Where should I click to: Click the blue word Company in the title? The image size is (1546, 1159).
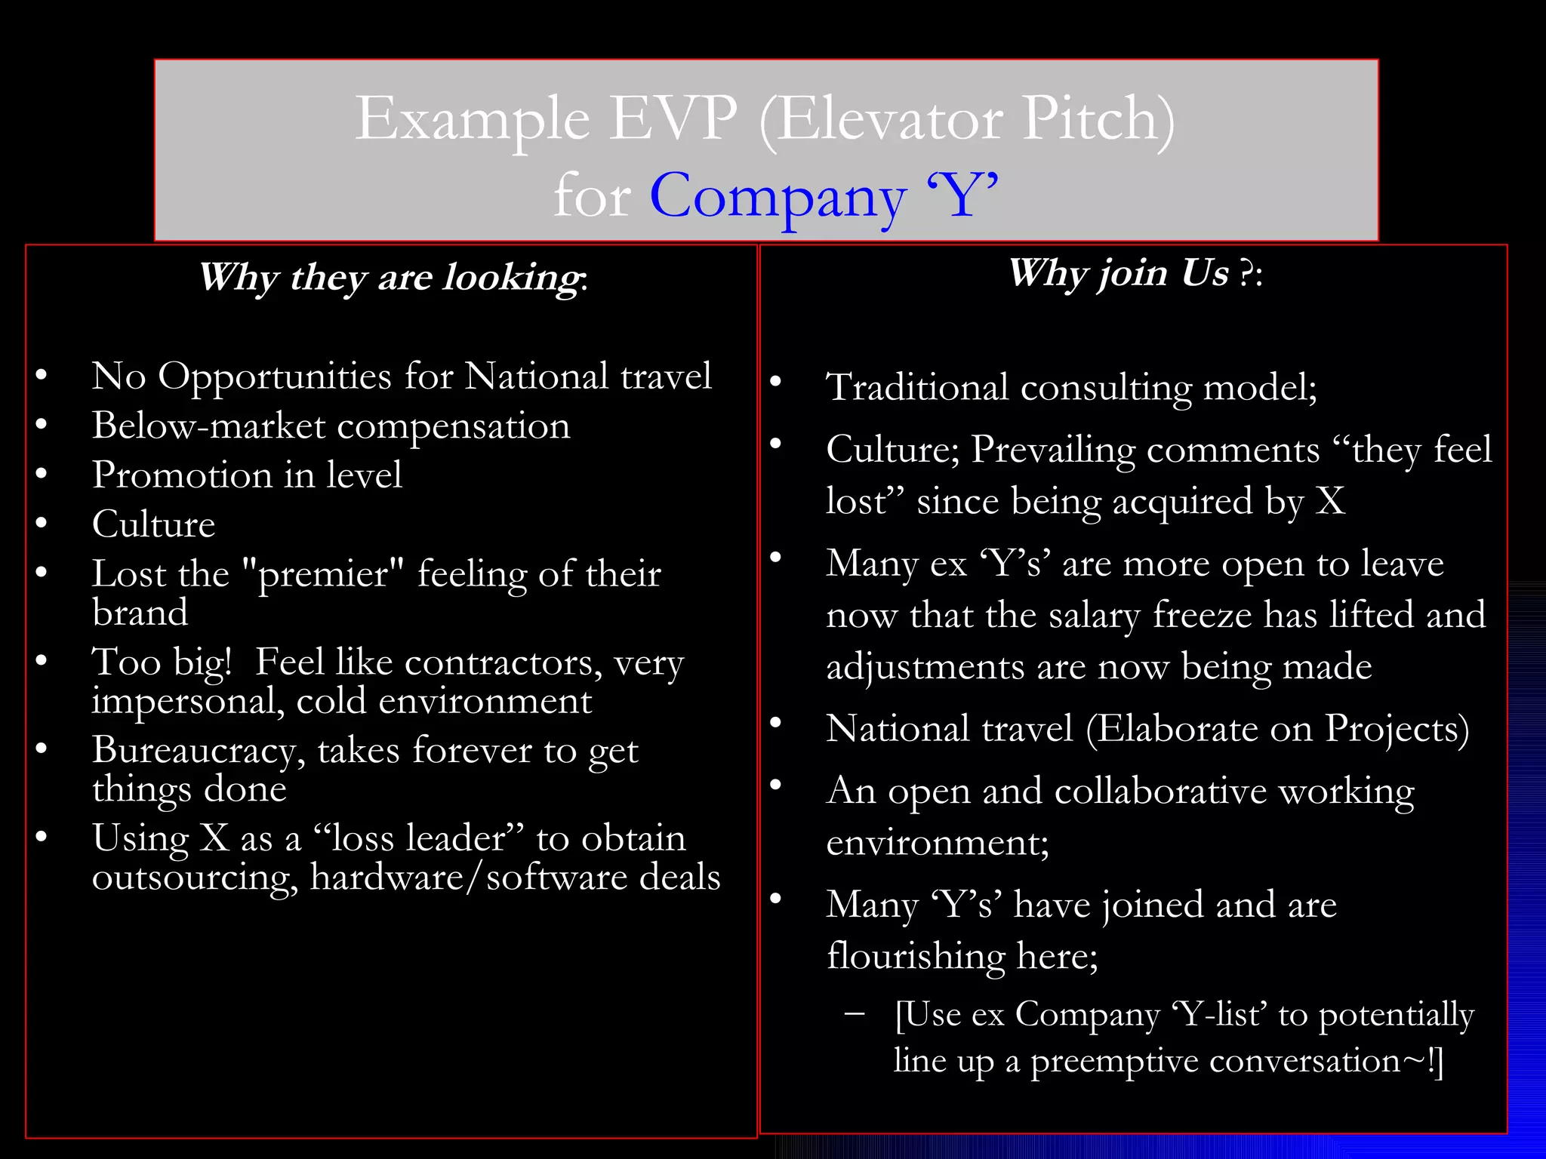click(778, 197)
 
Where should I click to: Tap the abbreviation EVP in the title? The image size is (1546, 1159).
click(673, 119)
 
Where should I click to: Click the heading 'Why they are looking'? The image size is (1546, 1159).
click(393, 277)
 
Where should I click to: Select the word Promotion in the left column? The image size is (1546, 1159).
click(182, 476)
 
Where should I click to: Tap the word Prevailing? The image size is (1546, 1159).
click(1053, 450)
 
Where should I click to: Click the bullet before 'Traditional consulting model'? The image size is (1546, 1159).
click(775, 382)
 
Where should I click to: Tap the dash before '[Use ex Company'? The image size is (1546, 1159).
click(855, 1013)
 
